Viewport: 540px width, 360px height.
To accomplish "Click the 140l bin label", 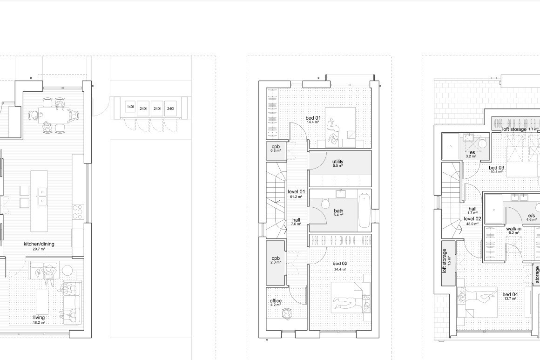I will [x=130, y=107].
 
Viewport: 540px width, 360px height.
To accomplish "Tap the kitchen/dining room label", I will [x=39, y=244].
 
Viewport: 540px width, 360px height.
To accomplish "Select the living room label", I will [x=39, y=318].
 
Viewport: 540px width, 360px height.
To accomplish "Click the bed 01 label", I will [x=313, y=118].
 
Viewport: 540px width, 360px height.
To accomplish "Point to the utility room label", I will [x=338, y=162].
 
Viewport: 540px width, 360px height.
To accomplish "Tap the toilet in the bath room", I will [x=326, y=203].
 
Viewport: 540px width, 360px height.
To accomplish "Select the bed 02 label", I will [x=340, y=264].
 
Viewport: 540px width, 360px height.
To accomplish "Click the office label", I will [x=276, y=301].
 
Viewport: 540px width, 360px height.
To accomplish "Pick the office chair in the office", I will [x=286, y=314].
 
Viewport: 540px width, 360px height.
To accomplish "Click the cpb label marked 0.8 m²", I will [x=276, y=147].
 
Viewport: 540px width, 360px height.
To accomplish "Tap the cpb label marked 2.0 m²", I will [x=276, y=258].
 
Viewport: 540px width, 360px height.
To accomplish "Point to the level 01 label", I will [x=296, y=191].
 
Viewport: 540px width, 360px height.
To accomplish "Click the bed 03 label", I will [x=496, y=168].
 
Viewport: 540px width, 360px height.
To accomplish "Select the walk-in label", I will [x=513, y=229].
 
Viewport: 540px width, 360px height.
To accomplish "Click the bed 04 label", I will [x=510, y=294].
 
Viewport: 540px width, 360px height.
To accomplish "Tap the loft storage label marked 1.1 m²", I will [x=514, y=129].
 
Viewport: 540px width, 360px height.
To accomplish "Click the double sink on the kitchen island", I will [x=42, y=196].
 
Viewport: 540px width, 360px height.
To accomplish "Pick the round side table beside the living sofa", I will [x=67, y=270].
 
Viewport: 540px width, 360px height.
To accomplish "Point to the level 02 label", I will [x=472, y=219].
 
